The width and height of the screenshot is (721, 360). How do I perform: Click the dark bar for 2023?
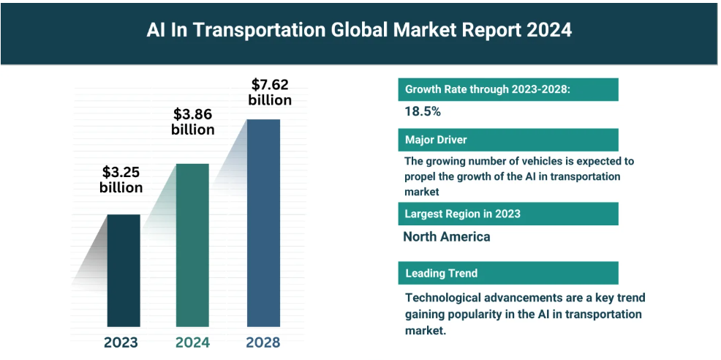[x=124, y=270]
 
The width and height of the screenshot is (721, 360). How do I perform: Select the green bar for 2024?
[x=193, y=244]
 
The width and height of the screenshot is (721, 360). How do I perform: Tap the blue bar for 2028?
[x=263, y=222]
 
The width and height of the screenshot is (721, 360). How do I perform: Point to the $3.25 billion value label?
[x=121, y=180]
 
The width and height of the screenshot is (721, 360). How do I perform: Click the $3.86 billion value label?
[x=193, y=122]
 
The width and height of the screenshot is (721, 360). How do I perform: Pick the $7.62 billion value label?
[x=270, y=92]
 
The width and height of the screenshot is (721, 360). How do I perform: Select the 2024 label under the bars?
[x=193, y=342]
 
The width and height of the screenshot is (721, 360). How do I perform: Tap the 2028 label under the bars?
[x=263, y=342]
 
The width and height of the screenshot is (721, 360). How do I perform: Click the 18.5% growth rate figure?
[x=423, y=112]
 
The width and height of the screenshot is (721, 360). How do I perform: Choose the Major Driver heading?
[x=436, y=140]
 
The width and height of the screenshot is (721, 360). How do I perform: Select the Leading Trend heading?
[x=442, y=273]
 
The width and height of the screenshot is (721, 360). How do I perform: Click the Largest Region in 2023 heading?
[x=463, y=214]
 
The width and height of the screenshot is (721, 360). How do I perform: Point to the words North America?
[x=447, y=236]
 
